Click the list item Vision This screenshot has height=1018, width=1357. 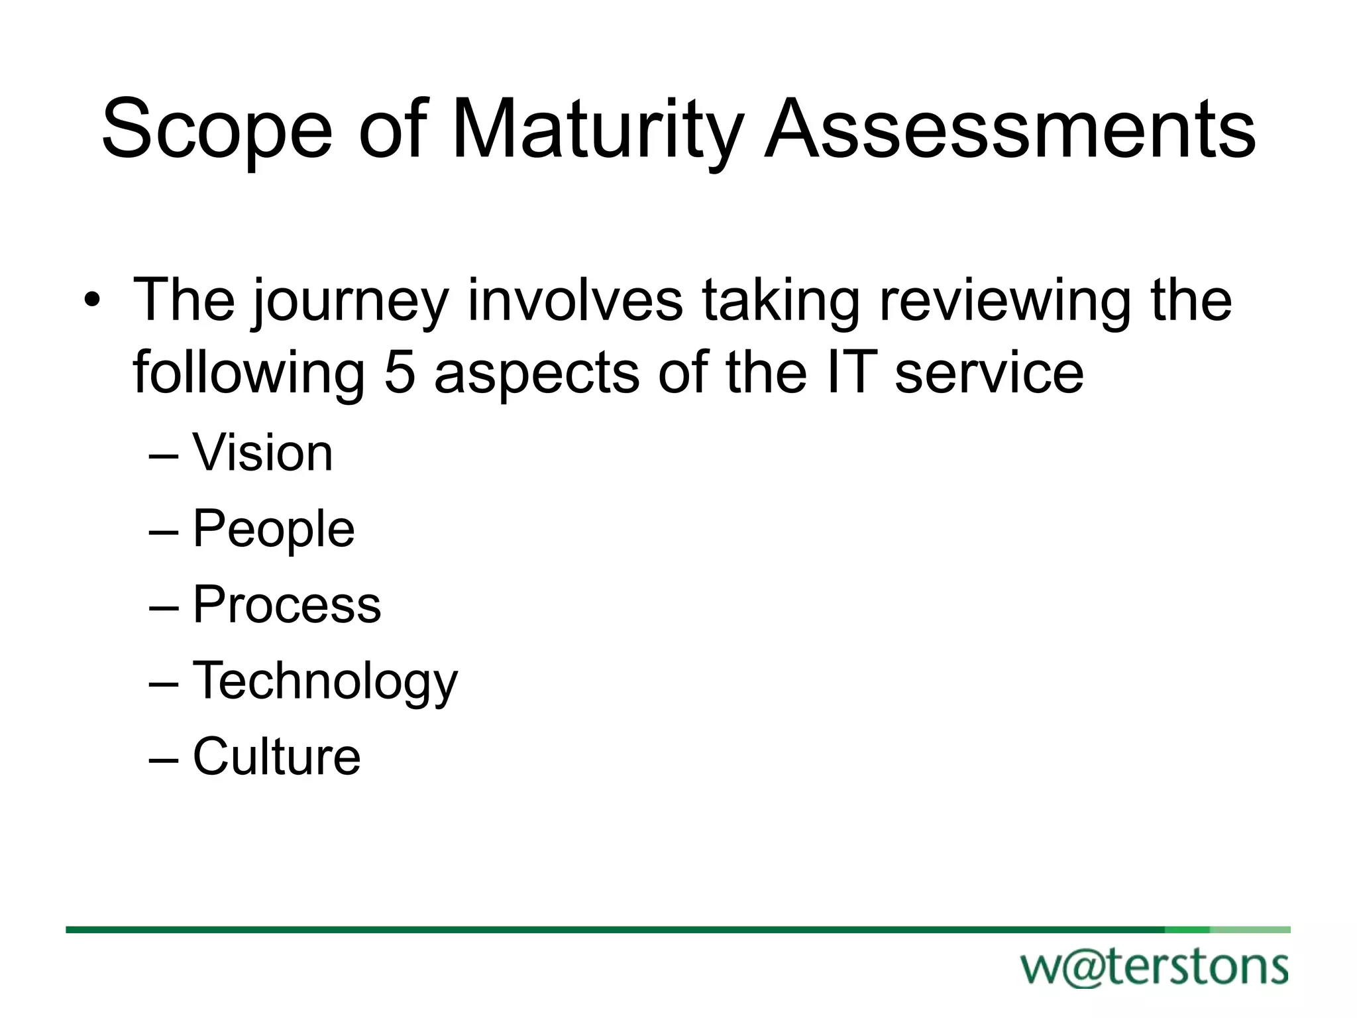(x=262, y=453)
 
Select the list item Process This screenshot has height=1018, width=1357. (x=286, y=604)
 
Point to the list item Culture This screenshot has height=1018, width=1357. (x=276, y=756)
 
